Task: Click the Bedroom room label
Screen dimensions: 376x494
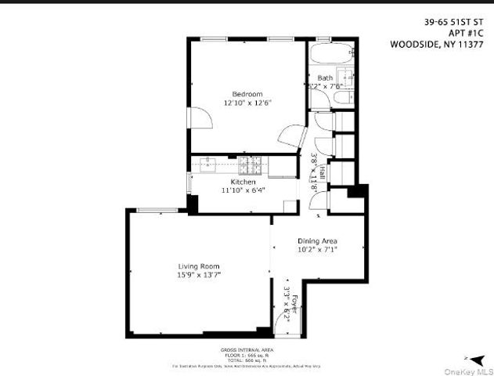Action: (240, 94)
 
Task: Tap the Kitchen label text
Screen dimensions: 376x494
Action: (243, 182)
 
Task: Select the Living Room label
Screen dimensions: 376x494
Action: (198, 266)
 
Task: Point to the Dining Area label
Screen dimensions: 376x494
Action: (316, 240)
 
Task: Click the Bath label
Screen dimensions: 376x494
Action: (324, 78)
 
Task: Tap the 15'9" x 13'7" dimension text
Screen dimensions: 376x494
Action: (198, 275)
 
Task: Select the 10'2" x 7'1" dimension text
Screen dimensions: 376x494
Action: (317, 250)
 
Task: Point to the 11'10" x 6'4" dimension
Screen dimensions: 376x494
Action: (243, 190)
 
